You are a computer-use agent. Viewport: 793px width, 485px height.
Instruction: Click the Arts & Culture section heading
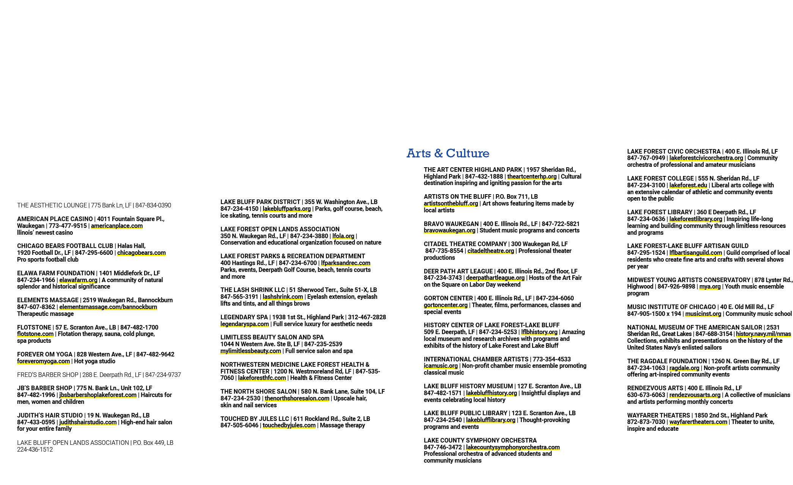click(x=448, y=153)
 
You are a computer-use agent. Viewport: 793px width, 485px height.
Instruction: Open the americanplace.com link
click(x=117, y=226)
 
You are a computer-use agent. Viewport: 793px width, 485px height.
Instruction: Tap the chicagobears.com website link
click(x=141, y=253)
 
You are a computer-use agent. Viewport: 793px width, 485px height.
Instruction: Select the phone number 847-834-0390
click(x=153, y=206)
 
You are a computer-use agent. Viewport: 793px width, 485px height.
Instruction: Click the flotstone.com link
click(x=35, y=334)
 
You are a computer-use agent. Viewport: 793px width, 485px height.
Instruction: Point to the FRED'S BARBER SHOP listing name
click(x=48, y=375)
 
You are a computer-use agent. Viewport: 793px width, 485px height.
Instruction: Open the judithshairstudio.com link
click(x=88, y=422)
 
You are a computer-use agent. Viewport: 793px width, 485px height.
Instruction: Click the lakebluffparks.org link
click(x=287, y=209)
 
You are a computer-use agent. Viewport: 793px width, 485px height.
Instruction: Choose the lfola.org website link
click(x=343, y=236)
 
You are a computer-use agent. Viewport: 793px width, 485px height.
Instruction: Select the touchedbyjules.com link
click(x=289, y=425)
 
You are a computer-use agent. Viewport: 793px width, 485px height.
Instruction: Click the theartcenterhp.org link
click(x=532, y=177)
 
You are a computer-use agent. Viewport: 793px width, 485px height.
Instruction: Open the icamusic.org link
click(x=441, y=366)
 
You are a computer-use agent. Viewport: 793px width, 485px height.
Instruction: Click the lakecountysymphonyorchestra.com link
click(x=513, y=447)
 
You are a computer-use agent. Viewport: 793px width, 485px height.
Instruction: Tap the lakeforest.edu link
click(x=688, y=185)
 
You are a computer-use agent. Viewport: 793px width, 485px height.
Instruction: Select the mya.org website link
click(x=710, y=287)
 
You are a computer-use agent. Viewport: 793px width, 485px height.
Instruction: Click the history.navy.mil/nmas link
click(x=763, y=334)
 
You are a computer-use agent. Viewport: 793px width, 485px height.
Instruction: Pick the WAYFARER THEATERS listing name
click(x=658, y=416)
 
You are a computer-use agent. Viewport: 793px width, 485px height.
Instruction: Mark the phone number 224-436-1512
click(x=35, y=450)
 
